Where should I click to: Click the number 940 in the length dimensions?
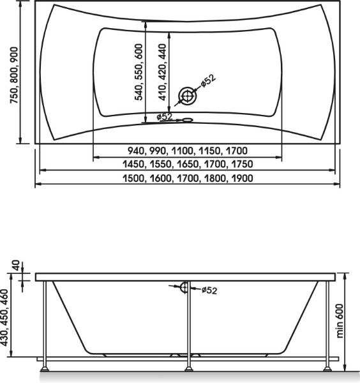click(x=137, y=151)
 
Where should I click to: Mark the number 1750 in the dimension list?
click(x=241, y=165)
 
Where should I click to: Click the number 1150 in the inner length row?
click(x=209, y=151)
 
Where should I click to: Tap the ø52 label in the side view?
click(x=209, y=290)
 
